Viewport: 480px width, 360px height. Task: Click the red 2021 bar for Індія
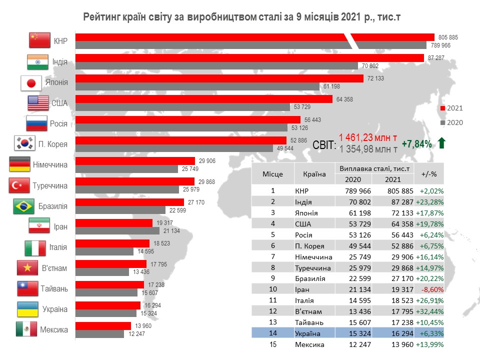(x=249, y=58)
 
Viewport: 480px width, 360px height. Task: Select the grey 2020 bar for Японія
(x=197, y=86)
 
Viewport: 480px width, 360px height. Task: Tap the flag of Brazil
(x=23, y=206)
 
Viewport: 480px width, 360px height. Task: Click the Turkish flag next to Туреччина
(x=19, y=185)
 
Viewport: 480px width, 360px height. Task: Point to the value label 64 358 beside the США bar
(x=344, y=99)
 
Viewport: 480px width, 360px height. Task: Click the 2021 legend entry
(x=451, y=108)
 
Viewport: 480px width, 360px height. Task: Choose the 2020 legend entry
(x=451, y=122)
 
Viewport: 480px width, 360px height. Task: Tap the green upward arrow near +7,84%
(x=441, y=143)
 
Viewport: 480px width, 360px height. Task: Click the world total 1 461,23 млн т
(x=368, y=138)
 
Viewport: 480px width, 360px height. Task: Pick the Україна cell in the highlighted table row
(x=307, y=333)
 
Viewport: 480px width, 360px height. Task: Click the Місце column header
(x=272, y=174)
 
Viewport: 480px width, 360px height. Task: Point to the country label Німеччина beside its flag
(x=50, y=164)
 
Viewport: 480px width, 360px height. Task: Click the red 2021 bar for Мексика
(x=103, y=325)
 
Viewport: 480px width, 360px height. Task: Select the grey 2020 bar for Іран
(x=117, y=231)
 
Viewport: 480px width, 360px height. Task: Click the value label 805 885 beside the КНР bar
(x=448, y=37)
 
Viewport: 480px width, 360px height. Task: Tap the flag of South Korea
(x=25, y=143)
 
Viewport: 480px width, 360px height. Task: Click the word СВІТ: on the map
(x=324, y=145)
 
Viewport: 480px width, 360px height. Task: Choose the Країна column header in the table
(x=314, y=174)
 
